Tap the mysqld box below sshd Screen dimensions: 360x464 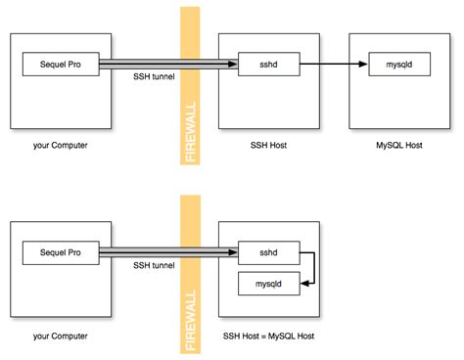tap(269, 285)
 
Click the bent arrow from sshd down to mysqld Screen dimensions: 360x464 tap(310, 269)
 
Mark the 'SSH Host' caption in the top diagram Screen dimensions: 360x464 tap(267, 149)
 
